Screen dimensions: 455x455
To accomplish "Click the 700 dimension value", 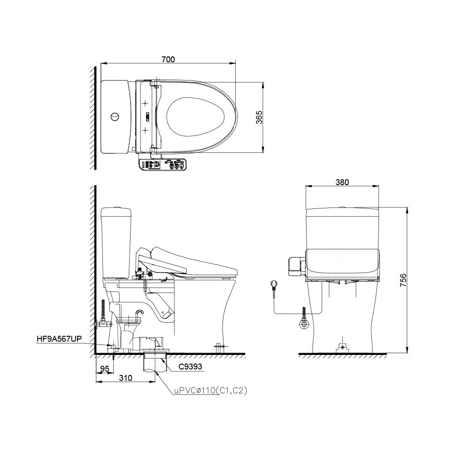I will pyautogui.click(x=168, y=59).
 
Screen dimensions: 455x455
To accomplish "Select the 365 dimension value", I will pyautogui.click(x=259, y=118).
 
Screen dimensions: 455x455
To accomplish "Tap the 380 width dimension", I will pyautogui.click(x=342, y=182).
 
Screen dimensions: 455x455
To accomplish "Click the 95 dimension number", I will pyautogui.click(x=105, y=369).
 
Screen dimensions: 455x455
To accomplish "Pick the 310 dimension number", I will pyautogui.click(x=126, y=378).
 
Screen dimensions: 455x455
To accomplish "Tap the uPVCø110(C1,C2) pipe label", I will pyautogui.click(x=210, y=390).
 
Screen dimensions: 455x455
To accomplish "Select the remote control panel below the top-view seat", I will pyautogui.click(x=162, y=166).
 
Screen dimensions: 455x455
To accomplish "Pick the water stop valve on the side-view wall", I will pyautogui.click(x=104, y=324).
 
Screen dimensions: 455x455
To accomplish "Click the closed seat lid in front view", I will pyautogui.click(x=342, y=263).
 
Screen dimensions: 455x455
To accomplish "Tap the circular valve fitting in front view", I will pyautogui.click(x=303, y=324).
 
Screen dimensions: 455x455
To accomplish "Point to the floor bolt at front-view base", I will pyautogui.click(x=342, y=348).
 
